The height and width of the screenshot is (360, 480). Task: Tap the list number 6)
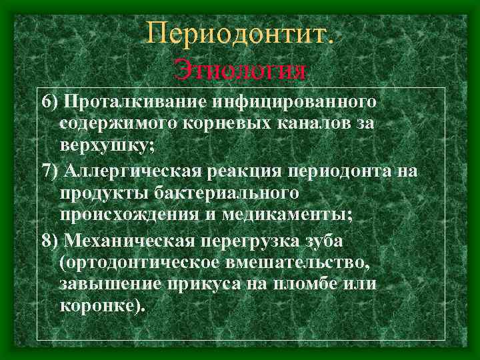tap(51, 102)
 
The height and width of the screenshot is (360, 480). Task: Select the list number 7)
tap(51, 171)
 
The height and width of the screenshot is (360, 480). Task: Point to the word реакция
tap(244, 171)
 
